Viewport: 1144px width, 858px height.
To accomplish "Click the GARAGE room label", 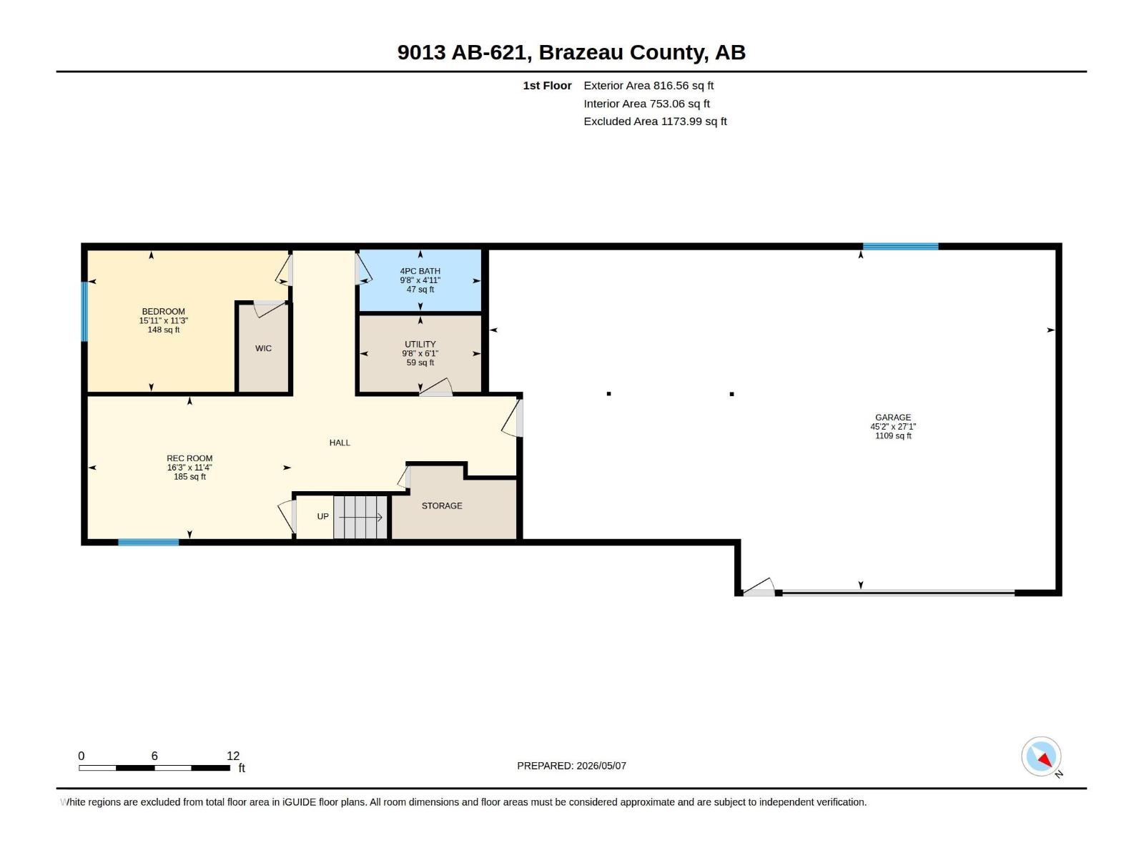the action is coord(893,418).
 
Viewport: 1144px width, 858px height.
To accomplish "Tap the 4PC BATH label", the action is coord(420,271).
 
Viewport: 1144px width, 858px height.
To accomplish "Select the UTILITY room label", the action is coord(420,345).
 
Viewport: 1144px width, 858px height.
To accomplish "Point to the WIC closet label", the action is coord(263,348).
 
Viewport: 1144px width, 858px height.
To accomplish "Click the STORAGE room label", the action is coord(442,506).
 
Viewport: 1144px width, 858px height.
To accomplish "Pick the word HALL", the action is coord(340,443).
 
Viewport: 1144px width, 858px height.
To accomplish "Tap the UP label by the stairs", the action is coord(323,516).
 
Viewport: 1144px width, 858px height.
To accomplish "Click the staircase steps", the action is coord(360,517).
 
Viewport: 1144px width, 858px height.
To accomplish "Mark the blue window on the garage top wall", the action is coord(901,247).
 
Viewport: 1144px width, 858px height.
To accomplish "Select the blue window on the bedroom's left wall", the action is coord(84,312).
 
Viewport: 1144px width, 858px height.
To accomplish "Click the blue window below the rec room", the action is coord(149,542).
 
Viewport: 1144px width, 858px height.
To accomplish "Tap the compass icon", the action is coord(1041,756).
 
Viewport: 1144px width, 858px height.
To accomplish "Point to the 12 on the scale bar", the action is coord(233,756).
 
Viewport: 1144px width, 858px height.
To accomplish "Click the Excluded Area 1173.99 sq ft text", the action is coord(655,122).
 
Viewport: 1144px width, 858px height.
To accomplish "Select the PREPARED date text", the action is coord(572,766).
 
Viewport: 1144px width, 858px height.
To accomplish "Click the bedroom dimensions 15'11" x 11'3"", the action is coord(164,321).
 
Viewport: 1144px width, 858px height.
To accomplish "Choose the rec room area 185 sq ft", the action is coord(189,477).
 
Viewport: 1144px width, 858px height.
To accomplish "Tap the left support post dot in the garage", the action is coord(608,394).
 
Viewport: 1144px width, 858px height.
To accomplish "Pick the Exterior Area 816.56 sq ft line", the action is coord(649,85).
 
